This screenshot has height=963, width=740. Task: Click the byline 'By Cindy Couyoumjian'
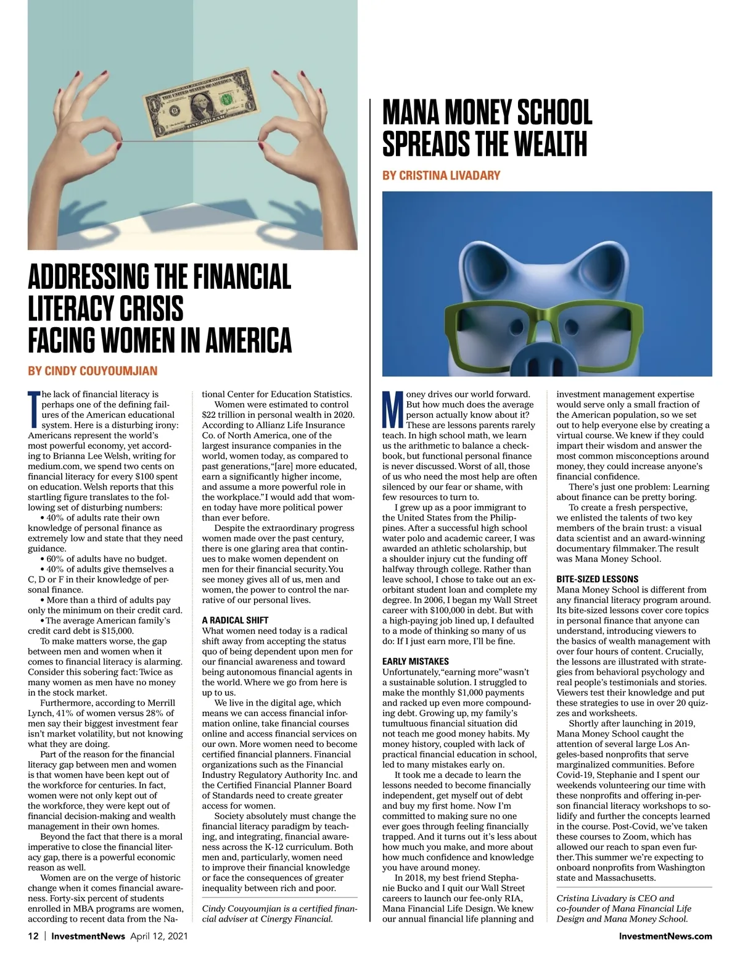point(92,371)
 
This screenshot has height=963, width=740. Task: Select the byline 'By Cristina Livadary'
point(441,175)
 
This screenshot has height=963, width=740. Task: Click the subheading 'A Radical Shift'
point(235,620)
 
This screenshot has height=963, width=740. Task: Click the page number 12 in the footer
point(33,936)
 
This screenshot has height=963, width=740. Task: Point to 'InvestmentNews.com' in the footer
point(665,936)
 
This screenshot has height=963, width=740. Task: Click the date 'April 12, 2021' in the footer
point(158,936)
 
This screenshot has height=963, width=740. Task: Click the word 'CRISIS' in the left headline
point(152,308)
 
